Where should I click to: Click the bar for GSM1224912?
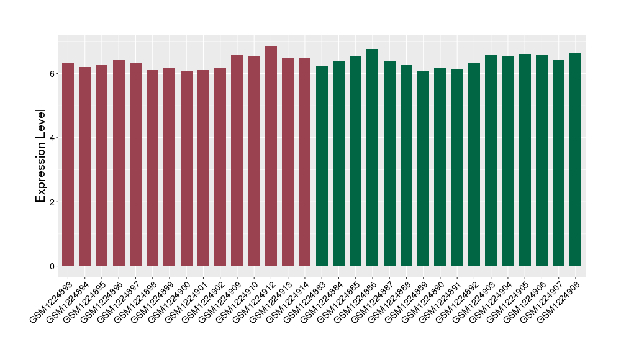pos(271,156)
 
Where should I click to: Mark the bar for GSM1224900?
pos(186,168)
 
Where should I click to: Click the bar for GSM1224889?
pos(424,168)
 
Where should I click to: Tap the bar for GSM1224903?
pos(491,161)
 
